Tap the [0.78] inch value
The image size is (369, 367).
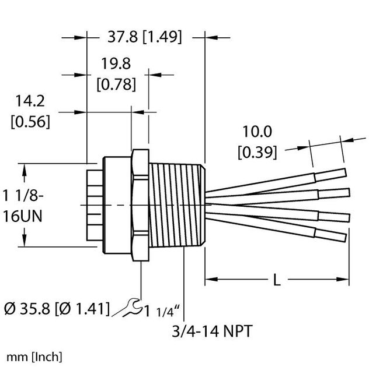(116, 84)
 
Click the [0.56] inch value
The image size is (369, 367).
(30, 122)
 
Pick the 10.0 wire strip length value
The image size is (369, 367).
(255, 132)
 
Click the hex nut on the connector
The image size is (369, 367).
(140, 206)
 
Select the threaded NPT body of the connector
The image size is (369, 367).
(175, 206)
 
